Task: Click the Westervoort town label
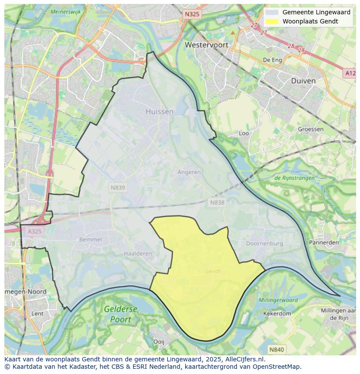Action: click(x=207, y=44)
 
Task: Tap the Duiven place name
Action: click(x=303, y=80)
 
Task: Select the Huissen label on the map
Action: click(x=159, y=111)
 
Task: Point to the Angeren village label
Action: click(x=189, y=172)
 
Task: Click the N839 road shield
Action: click(x=117, y=188)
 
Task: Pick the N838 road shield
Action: click(x=217, y=202)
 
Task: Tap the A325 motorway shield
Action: click(x=34, y=231)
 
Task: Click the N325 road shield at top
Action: click(x=192, y=14)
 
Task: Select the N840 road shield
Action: click(x=276, y=349)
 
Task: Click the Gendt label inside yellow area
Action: click(x=213, y=271)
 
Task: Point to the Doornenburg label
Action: click(x=264, y=244)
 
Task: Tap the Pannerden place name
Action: click(x=323, y=242)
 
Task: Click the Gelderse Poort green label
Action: click(x=120, y=314)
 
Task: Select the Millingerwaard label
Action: click(x=278, y=300)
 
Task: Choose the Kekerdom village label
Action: click(x=277, y=313)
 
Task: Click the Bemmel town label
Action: click(x=90, y=239)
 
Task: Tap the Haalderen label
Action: click(x=138, y=253)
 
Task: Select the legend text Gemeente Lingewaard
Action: click(x=316, y=12)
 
